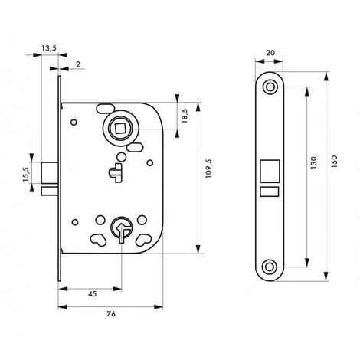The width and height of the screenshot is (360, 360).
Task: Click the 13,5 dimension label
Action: click(49, 47)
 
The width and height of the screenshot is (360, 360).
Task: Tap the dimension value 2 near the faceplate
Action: click(78, 64)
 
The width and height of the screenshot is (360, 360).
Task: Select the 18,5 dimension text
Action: click(185, 116)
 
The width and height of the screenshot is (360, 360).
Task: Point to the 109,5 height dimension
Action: click(208, 169)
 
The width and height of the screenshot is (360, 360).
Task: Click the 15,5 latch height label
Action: click(26, 175)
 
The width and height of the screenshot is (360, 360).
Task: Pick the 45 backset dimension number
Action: click(93, 294)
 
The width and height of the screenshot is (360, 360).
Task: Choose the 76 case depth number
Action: click(111, 313)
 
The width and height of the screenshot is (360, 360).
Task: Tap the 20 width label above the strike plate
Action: click(270, 53)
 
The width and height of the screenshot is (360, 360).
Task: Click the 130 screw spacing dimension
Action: click(314, 162)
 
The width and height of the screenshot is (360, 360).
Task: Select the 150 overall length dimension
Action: click(334, 162)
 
